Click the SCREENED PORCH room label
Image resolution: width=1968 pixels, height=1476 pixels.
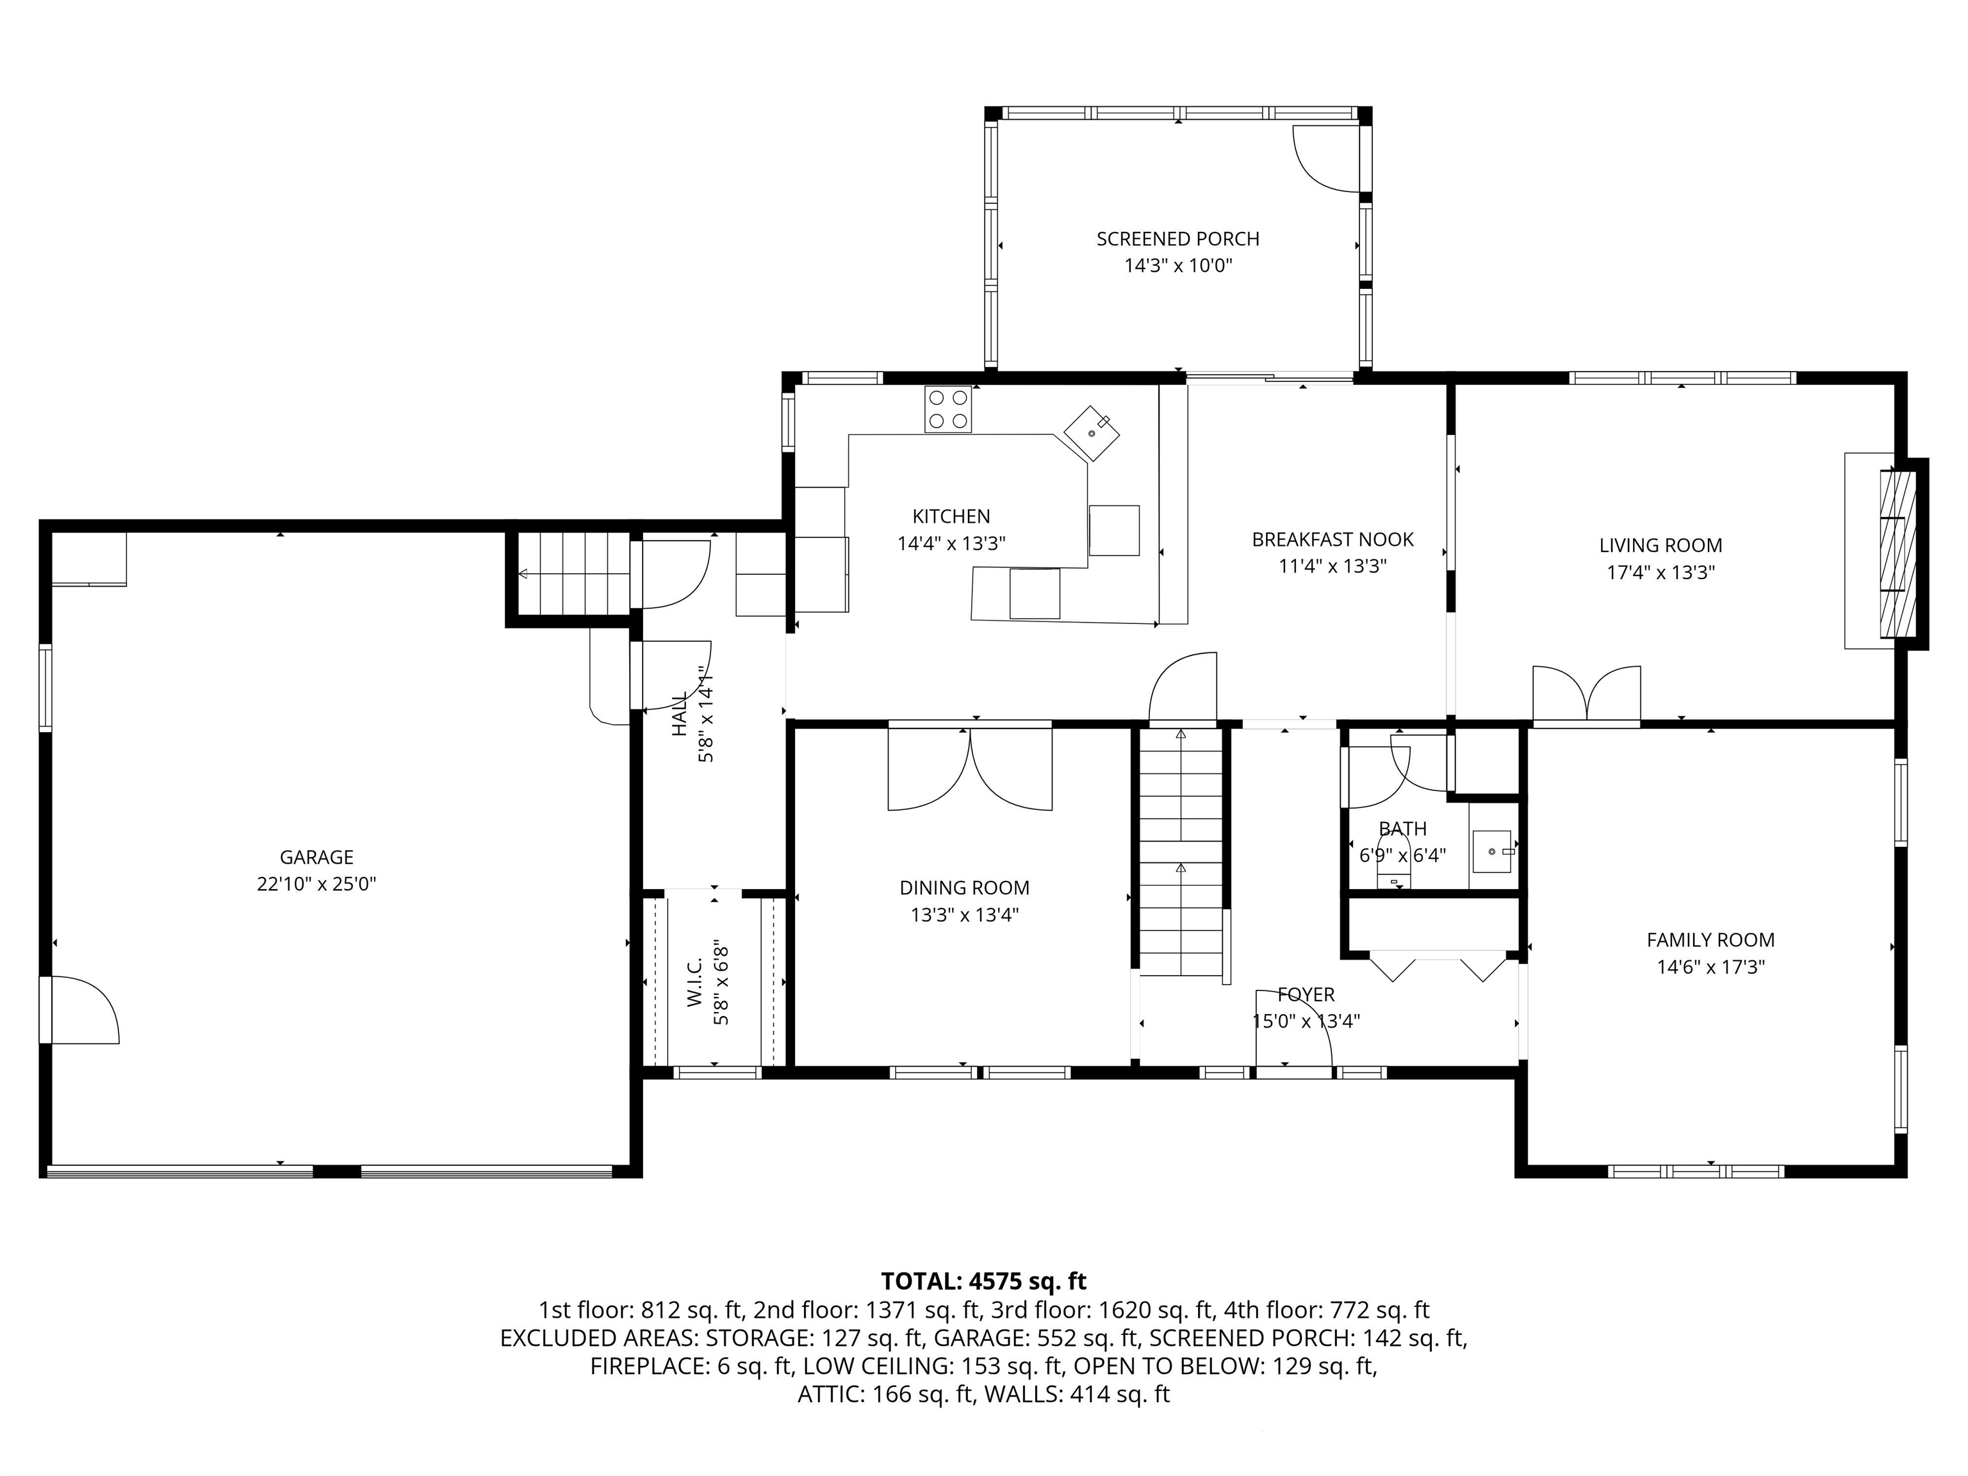pos(1177,238)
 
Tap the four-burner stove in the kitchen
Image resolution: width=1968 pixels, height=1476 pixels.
pos(947,409)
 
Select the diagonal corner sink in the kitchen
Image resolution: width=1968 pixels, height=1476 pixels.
pos(1092,433)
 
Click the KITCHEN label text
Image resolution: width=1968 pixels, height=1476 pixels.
pos(951,516)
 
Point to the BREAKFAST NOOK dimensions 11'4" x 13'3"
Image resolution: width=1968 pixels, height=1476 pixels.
pos(1332,566)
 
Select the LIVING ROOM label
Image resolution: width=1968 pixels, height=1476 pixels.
pos(1660,545)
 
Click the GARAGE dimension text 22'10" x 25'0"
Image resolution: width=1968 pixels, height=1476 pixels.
pos(316,883)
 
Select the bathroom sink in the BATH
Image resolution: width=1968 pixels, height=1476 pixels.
pos(1492,851)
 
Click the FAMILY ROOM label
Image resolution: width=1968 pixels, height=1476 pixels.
pos(1710,940)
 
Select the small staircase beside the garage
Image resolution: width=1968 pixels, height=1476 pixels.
pos(571,574)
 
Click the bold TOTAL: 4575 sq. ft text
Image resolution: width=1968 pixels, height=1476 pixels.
pos(983,1281)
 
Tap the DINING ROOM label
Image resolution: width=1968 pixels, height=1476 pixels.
pos(964,887)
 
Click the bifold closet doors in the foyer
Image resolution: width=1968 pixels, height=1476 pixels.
pos(1437,967)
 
